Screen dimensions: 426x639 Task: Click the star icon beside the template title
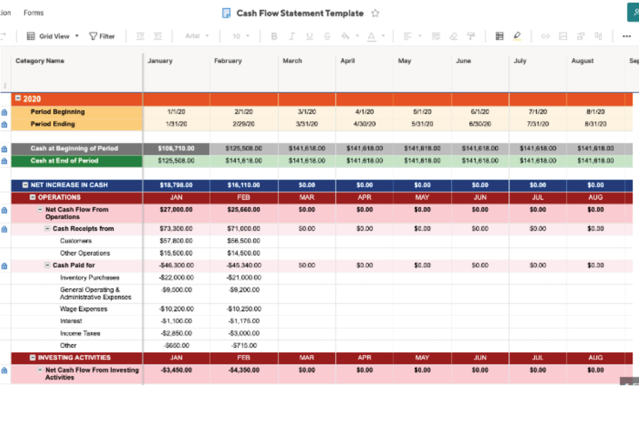(x=375, y=13)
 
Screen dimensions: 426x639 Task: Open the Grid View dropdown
(x=53, y=36)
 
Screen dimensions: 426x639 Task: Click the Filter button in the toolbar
(x=102, y=36)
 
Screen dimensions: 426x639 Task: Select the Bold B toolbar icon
(x=274, y=36)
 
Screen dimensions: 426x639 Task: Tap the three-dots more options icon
(x=626, y=36)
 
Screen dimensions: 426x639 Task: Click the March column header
(x=292, y=61)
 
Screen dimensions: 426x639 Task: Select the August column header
(x=582, y=61)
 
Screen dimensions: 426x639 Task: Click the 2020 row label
(x=32, y=99)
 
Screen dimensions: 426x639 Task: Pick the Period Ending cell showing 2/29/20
(x=243, y=124)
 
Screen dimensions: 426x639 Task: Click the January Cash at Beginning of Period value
(x=176, y=149)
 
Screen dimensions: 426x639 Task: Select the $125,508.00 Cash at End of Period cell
(x=176, y=161)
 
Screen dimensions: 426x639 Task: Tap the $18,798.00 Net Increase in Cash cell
(x=176, y=185)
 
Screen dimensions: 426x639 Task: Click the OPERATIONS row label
(x=59, y=197)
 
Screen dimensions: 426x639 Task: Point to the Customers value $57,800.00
(x=176, y=241)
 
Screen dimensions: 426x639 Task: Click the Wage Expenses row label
(x=83, y=309)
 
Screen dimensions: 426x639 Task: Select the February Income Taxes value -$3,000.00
(x=244, y=333)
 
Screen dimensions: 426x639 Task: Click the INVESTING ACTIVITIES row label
(x=74, y=357)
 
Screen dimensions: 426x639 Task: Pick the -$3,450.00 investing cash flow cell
(x=176, y=370)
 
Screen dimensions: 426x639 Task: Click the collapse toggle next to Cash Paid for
(x=48, y=265)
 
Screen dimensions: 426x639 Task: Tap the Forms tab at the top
(x=34, y=13)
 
